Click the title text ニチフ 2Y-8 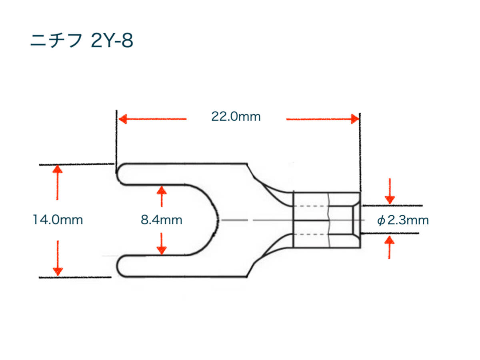81,41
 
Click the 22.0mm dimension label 236,116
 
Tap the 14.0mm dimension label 58,220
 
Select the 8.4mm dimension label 161,220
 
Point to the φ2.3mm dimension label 403,220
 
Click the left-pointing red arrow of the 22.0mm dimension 152,119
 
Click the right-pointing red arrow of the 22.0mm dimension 323,119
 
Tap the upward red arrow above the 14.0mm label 57,182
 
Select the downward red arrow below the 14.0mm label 58,258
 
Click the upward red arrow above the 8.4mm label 162,196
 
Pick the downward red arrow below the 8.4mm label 162,244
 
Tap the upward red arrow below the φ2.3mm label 390,247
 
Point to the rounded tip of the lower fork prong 117,266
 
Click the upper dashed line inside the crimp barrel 310,206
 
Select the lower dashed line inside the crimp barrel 310,234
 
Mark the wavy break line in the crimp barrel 329,220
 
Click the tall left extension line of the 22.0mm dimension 116,142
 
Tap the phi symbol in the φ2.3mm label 381,220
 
